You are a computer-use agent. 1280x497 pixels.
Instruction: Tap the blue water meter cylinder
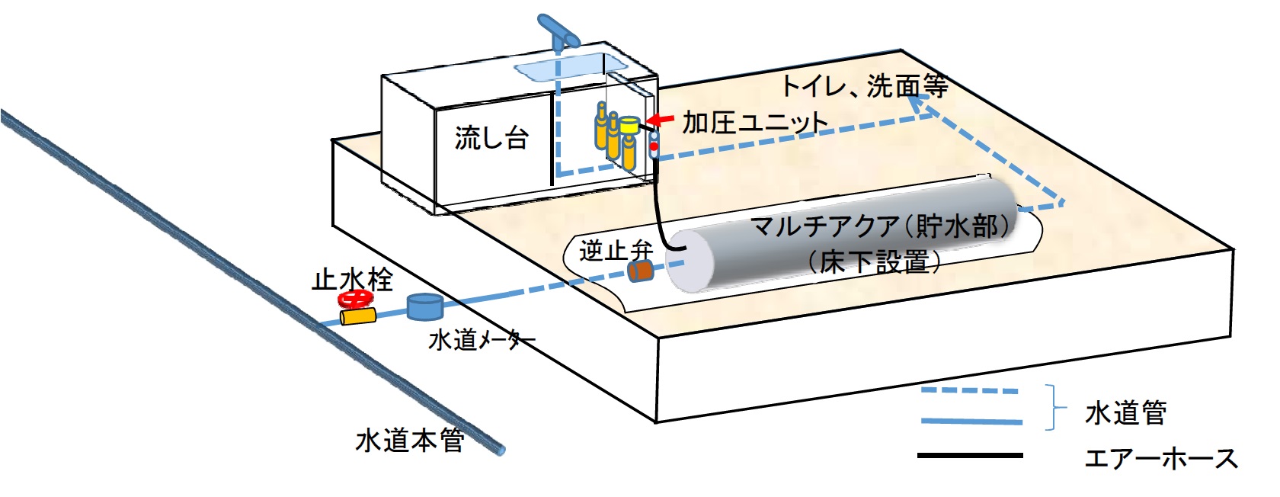424,306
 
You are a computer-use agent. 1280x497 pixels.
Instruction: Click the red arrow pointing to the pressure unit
661,120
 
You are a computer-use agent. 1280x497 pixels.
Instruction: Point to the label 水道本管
410,440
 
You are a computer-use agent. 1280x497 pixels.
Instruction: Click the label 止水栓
352,279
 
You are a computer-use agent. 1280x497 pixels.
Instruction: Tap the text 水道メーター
482,340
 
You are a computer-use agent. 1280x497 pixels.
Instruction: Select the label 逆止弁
616,250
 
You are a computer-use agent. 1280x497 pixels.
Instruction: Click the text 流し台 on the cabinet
491,138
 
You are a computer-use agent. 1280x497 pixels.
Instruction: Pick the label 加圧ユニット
754,122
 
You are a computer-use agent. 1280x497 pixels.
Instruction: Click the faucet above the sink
558,30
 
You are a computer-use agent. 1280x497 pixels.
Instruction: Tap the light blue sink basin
560,69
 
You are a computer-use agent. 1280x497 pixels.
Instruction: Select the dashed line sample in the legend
969,390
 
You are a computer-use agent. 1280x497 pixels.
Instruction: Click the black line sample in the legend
969,455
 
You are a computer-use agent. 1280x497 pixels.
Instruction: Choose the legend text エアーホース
1160,458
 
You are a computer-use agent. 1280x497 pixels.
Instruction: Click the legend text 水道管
1125,412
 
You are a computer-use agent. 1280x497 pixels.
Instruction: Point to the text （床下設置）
875,261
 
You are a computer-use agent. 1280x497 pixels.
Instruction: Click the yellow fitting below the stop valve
358,316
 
